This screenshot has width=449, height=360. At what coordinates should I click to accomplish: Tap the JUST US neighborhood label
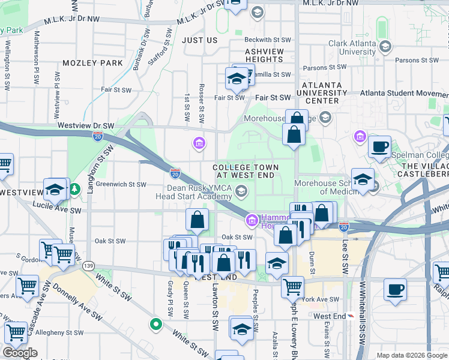pyautogui.click(x=199, y=40)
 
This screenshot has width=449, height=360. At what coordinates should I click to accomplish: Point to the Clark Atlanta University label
pyautogui.click(x=354, y=47)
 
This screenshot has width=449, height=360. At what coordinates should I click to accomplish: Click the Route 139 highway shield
pyautogui.click(x=89, y=265)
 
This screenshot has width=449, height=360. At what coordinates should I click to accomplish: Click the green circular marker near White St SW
pyautogui.click(x=155, y=324)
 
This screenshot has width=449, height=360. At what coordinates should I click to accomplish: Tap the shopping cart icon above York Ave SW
pyautogui.click(x=292, y=286)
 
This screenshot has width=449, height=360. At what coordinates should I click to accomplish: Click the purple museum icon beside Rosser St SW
pyautogui.click(x=199, y=143)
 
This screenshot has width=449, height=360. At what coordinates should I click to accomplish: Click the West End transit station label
pyautogui.click(x=330, y=316)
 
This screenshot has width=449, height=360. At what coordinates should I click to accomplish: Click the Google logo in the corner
pyautogui.click(x=20, y=353)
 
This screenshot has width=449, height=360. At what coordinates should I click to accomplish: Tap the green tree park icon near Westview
pyautogui.click(x=74, y=190)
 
